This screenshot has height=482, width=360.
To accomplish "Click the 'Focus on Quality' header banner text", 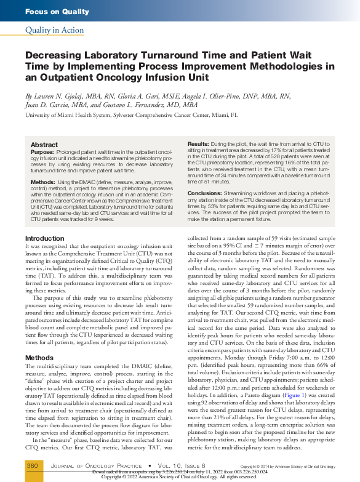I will click(57, 12).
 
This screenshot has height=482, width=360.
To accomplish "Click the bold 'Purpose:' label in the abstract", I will click(42, 151).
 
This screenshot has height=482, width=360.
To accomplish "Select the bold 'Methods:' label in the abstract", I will click(43, 182).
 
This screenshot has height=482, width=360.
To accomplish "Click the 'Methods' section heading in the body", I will click(39, 357).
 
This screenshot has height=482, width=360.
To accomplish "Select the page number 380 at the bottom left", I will click(32, 466).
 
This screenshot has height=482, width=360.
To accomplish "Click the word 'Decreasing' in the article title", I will click(60, 55).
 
